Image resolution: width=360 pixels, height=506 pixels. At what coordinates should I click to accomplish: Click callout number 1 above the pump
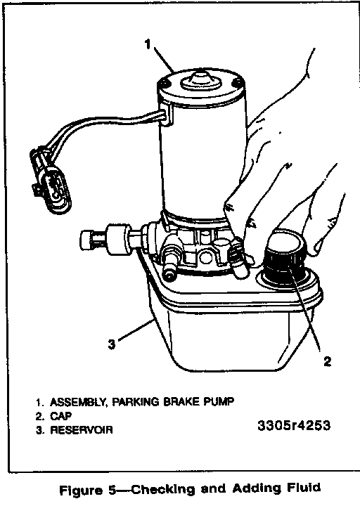point(148,44)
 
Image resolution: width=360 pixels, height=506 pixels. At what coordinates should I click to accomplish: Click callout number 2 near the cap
point(327,361)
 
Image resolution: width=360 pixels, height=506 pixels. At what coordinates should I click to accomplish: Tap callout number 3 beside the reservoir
point(111,344)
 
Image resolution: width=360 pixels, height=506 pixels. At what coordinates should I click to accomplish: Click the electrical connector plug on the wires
point(51,180)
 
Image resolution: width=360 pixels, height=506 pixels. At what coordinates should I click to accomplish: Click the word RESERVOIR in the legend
point(82,430)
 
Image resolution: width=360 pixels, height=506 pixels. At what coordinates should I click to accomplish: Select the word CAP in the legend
point(60,416)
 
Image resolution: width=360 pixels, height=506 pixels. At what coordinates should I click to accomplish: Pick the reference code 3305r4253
point(294,425)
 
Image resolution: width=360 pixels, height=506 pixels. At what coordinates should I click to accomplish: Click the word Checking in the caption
point(163,490)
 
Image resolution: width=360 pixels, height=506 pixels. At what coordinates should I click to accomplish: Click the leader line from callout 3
point(136,330)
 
